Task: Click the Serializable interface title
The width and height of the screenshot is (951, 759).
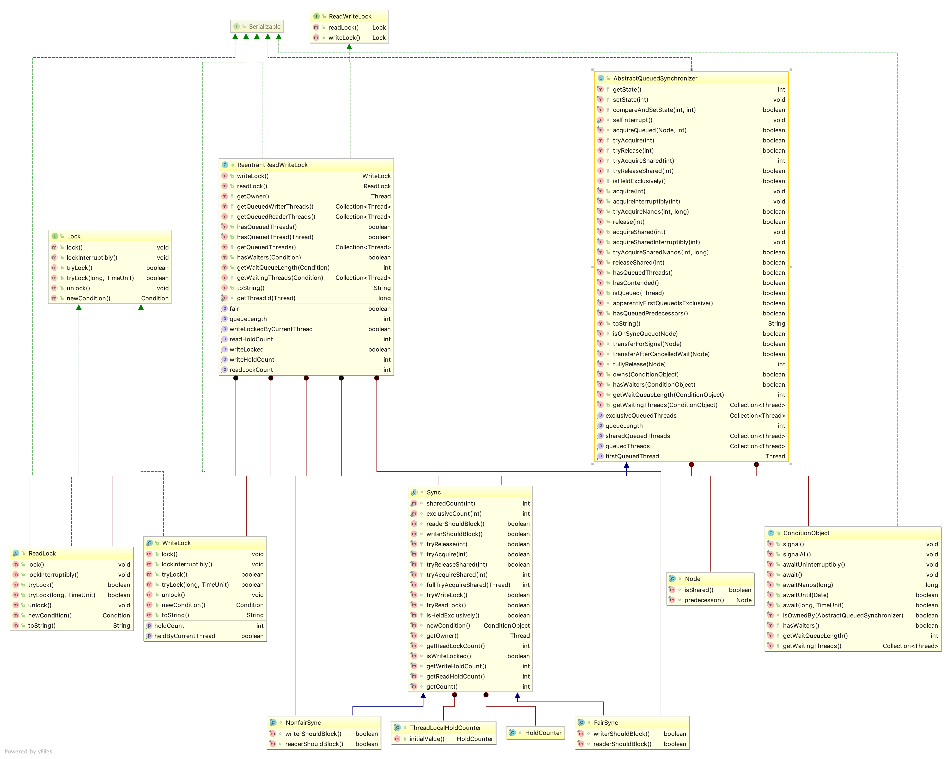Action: [x=264, y=27]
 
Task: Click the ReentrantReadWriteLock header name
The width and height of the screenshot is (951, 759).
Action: [x=272, y=165]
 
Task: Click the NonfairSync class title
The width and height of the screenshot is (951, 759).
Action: [x=303, y=722]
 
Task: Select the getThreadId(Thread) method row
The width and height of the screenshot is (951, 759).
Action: [x=266, y=298]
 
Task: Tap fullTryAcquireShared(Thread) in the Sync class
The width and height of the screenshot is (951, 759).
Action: [x=468, y=585]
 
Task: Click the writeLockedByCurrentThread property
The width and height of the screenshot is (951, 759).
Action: [x=271, y=329]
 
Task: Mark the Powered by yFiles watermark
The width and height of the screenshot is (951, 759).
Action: [x=28, y=752]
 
